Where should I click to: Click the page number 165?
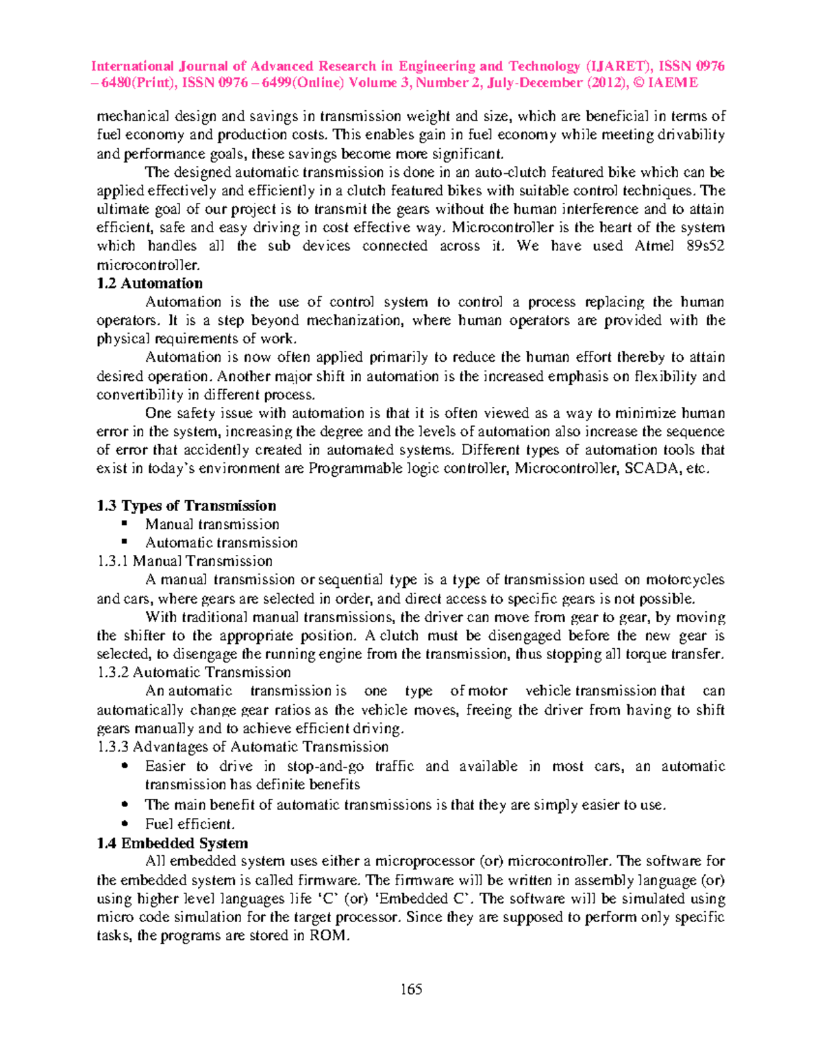click(411, 989)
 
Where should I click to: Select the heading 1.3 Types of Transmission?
click(186, 506)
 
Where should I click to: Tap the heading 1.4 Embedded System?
click(172, 843)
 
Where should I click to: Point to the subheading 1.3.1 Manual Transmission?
click(185, 561)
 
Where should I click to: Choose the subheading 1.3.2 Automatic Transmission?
click(194, 672)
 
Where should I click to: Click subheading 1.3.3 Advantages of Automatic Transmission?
click(243, 747)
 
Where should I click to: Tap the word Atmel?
click(654, 246)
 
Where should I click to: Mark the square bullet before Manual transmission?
click(125, 524)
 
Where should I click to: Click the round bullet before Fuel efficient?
click(125, 824)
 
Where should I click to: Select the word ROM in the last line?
click(329, 936)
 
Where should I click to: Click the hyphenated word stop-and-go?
click(325, 766)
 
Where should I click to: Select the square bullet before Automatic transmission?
click(125, 543)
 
